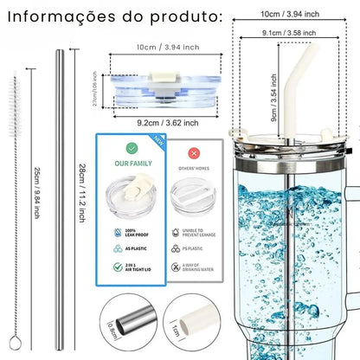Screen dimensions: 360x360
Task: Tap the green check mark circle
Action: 132,149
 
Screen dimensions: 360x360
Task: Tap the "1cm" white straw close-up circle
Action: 192,328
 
